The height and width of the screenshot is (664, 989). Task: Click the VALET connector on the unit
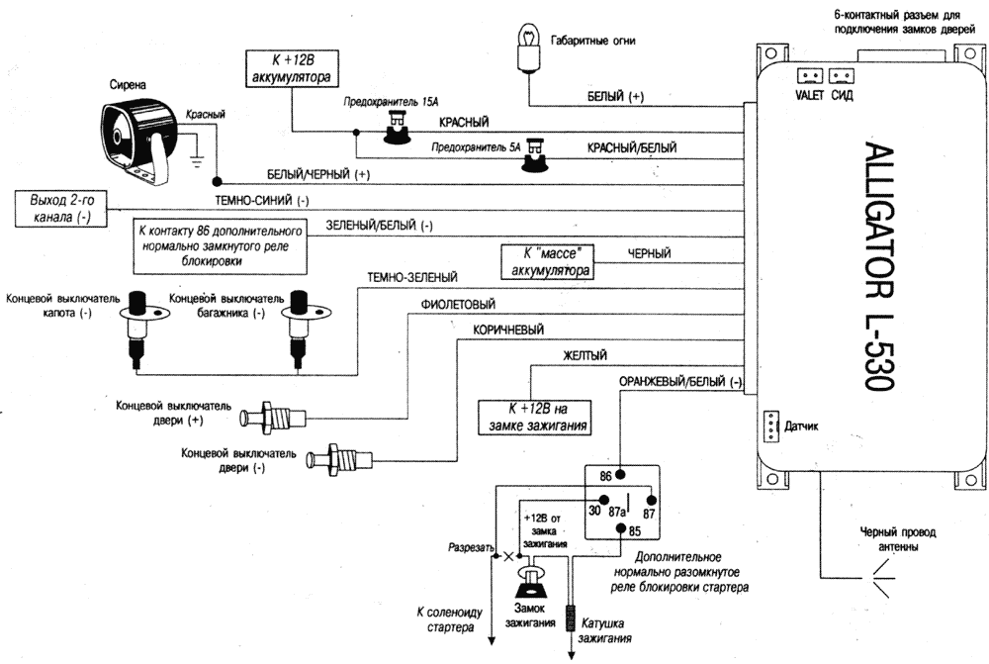tap(809, 75)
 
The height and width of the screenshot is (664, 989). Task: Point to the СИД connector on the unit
tap(843, 75)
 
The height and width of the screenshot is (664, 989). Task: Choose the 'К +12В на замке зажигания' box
tap(535, 417)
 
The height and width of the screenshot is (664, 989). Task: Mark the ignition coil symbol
tap(572, 618)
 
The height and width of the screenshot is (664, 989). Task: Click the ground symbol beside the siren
tap(198, 153)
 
